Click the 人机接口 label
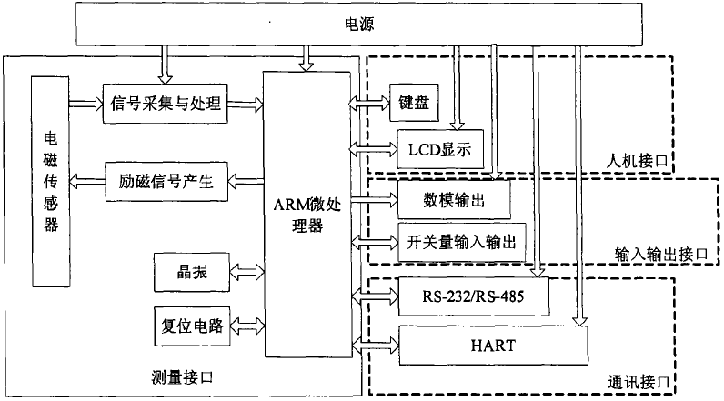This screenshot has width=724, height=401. click(637, 161)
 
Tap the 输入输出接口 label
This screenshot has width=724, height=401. click(651, 256)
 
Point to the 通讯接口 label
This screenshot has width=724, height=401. click(637, 382)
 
